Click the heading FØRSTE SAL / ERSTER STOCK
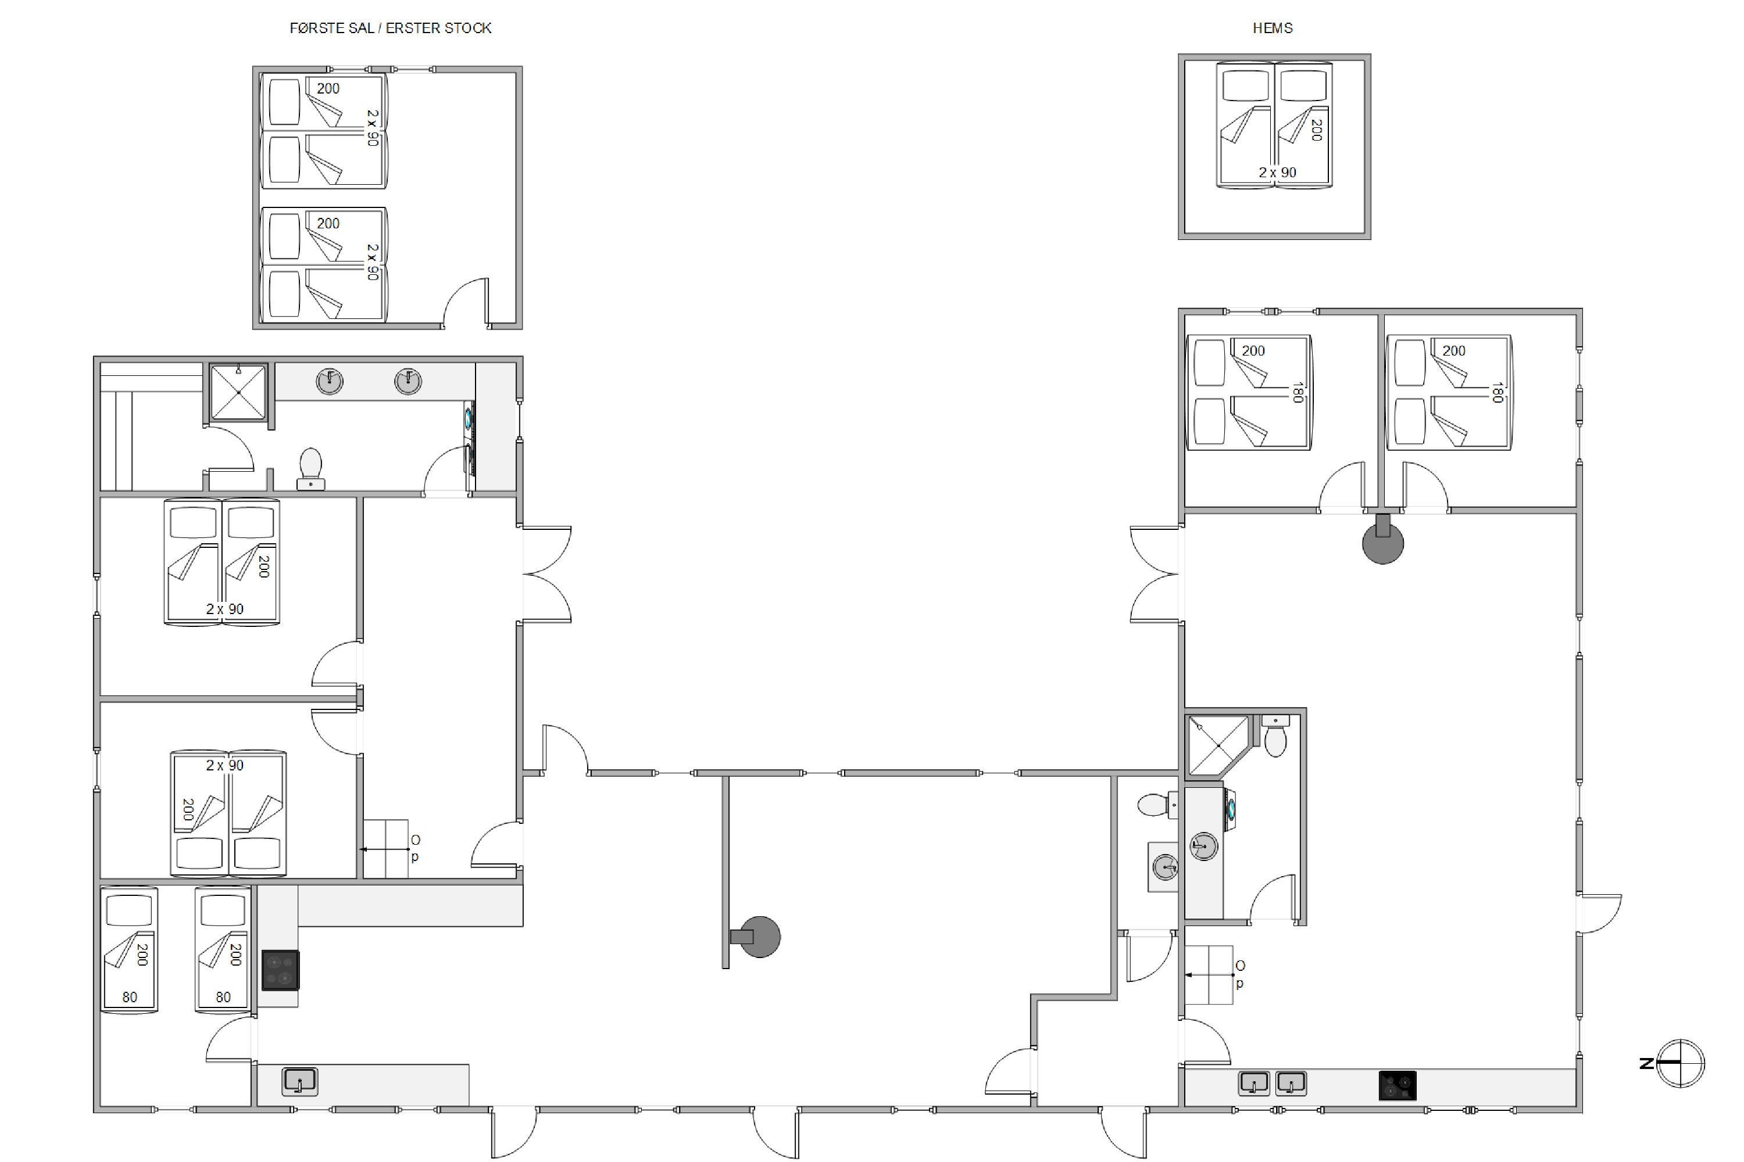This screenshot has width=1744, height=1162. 390,28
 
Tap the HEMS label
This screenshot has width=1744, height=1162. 1273,28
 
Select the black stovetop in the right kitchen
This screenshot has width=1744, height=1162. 1397,1086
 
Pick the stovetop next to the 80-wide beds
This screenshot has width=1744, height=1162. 280,970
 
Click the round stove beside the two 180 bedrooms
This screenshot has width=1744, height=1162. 1383,541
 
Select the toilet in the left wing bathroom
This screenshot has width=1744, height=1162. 310,468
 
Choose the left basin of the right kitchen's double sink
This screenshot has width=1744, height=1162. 1254,1084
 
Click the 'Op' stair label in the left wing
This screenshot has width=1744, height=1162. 415,848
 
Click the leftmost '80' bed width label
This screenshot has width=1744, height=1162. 130,997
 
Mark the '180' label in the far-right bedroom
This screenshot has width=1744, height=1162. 1496,393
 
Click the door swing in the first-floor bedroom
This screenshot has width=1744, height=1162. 466,302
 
